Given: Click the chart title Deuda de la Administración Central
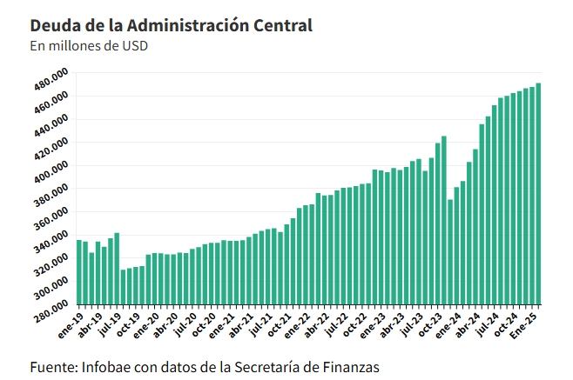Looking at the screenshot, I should [x=171, y=25].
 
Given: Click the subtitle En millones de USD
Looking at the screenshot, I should [x=88, y=46].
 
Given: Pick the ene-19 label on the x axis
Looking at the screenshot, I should [x=70, y=323].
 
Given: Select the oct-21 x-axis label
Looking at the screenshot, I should [x=280, y=323].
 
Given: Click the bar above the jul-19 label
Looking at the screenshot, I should [x=117, y=270].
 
